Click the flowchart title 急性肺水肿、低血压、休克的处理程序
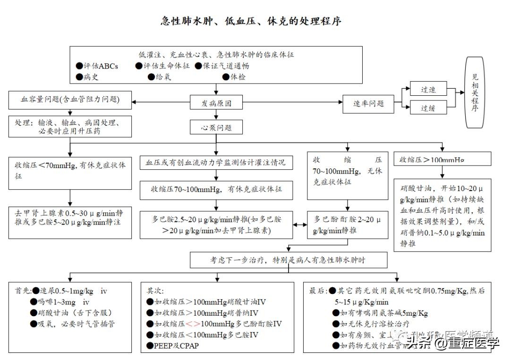pyautogui.click(x=251, y=21)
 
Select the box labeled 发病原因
pyautogui.click(x=216, y=103)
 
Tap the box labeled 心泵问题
pyautogui.click(x=216, y=127)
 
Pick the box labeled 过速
pyautogui.click(x=428, y=90)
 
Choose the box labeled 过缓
pyautogui.click(x=428, y=108)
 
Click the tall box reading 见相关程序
pyautogui.click(x=475, y=92)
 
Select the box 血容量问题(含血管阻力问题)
pyautogui.click(x=70, y=100)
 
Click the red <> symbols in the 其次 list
pyautogui.click(x=192, y=324)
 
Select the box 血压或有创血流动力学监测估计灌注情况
pyautogui.click(x=216, y=163)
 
